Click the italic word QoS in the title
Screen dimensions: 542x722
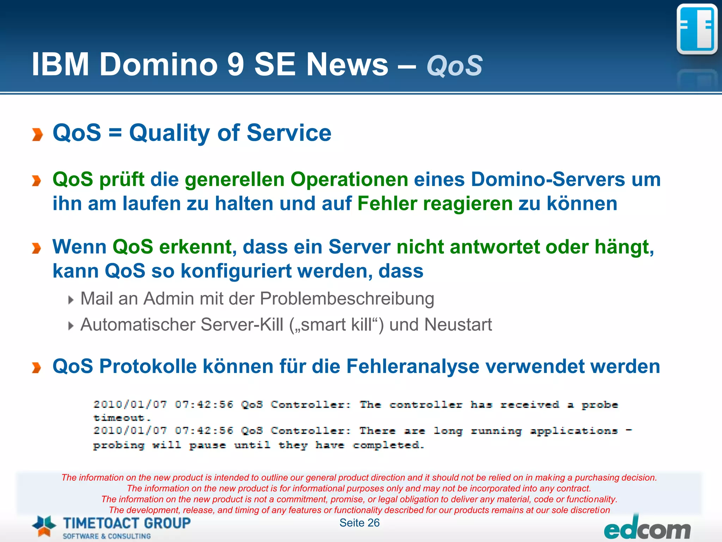pyautogui.click(x=454, y=66)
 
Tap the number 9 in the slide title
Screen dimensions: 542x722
pyautogui.click(x=236, y=65)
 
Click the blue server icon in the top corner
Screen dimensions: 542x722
pyautogui.click(x=697, y=30)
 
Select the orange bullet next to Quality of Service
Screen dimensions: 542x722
pyautogui.click(x=37, y=134)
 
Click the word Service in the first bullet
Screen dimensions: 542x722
pyautogui.click(x=289, y=133)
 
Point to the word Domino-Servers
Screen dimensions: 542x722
pyautogui.click(x=547, y=179)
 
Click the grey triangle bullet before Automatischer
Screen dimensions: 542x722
pyautogui.click(x=71, y=326)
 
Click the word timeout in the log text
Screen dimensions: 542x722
pyautogui.click(x=121, y=418)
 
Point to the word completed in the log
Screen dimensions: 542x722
pyautogui.click(x=388, y=445)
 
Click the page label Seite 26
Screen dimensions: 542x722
pyautogui.click(x=359, y=523)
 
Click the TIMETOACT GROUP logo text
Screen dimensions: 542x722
pyautogui.click(x=127, y=523)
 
